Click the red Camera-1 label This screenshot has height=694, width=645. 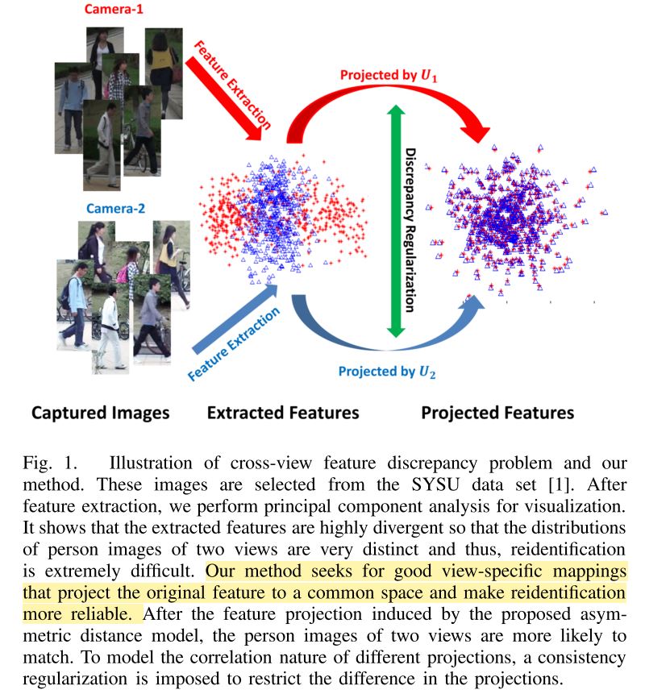[114, 9]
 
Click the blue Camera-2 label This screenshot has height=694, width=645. [115, 209]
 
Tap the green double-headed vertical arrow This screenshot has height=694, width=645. [396, 221]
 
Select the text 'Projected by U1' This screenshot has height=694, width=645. [389, 75]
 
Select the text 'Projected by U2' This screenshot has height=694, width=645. [387, 372]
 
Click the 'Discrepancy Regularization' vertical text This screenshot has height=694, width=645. [410, 231]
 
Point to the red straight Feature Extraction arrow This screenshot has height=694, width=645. [223, 100]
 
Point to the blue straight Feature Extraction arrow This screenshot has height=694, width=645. [235, 318]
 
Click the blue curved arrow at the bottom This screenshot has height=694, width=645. [385, 343]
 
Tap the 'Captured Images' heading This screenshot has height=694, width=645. [101, 413]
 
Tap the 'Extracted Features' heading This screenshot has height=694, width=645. [283, 413]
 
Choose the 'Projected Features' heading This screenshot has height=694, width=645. [497, 413]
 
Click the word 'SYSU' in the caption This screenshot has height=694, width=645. [435, 484]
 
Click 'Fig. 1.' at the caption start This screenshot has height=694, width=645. [50, 463]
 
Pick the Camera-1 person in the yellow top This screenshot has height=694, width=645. [163, 73]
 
